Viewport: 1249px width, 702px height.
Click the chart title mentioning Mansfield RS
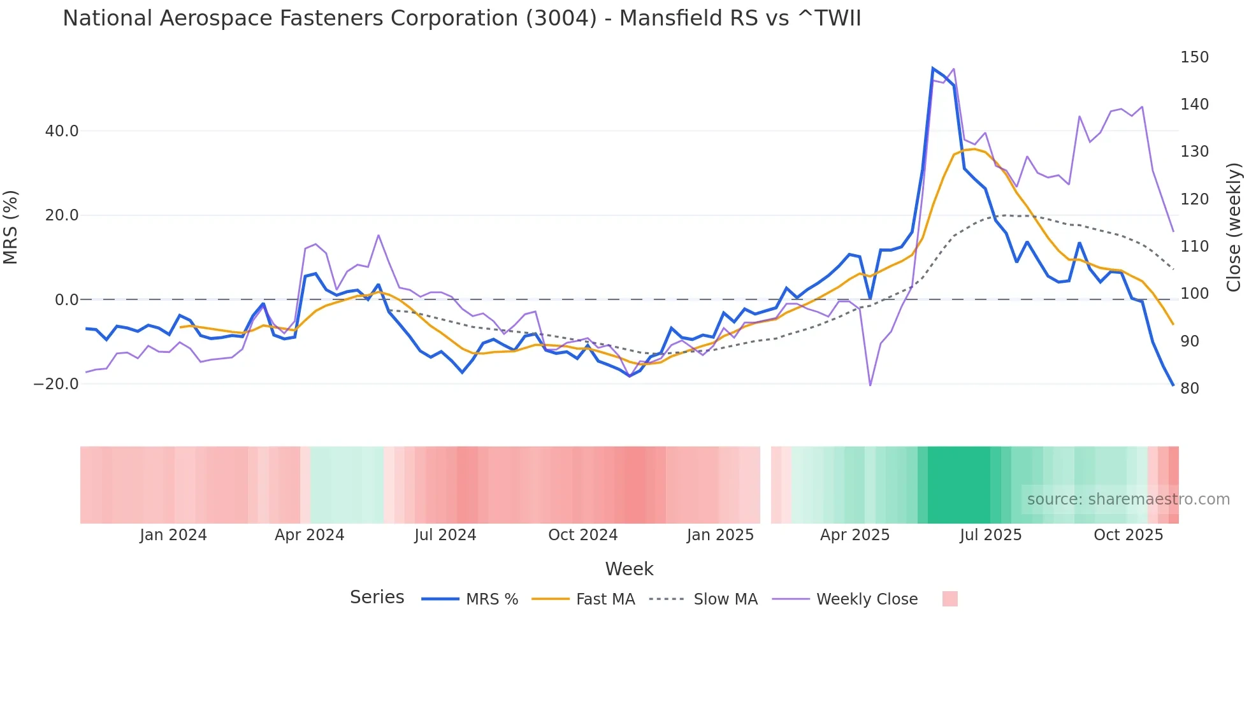tap(461, 18)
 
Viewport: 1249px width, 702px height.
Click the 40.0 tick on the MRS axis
tap(62, 131)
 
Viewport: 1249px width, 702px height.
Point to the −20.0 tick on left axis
tap(56, 384)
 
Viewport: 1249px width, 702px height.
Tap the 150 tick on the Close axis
tap(1194, 57)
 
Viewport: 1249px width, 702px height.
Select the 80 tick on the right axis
tap(1190, 389)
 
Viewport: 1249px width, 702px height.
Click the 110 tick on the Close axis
tap(1194, 247)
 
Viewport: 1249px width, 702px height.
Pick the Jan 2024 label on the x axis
tap(173, 535)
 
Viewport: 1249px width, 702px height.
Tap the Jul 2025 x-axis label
tap(990, 535)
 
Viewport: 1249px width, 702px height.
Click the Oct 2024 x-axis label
tap(582, 535)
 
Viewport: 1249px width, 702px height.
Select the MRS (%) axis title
tap(11, 227)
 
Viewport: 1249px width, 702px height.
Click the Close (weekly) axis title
tap(1234, 227)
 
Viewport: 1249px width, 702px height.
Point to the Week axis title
tap(629, 569)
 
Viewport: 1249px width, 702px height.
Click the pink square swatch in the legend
tap(949, 599)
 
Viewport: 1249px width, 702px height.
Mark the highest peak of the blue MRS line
tap(933, 68)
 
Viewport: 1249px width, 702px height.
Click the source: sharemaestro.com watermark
tap(1128, 499)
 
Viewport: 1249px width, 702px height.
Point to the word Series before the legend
tap(377, 598)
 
